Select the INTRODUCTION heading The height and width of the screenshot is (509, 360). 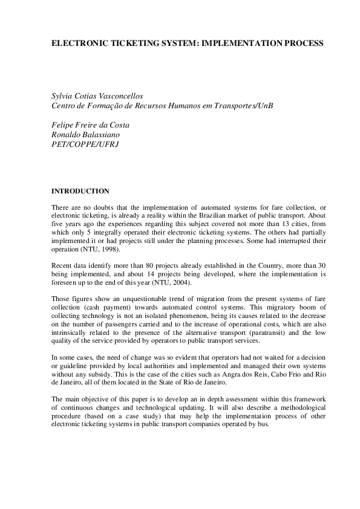point(80,191)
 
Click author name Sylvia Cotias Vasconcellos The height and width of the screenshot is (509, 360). point(97,96)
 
